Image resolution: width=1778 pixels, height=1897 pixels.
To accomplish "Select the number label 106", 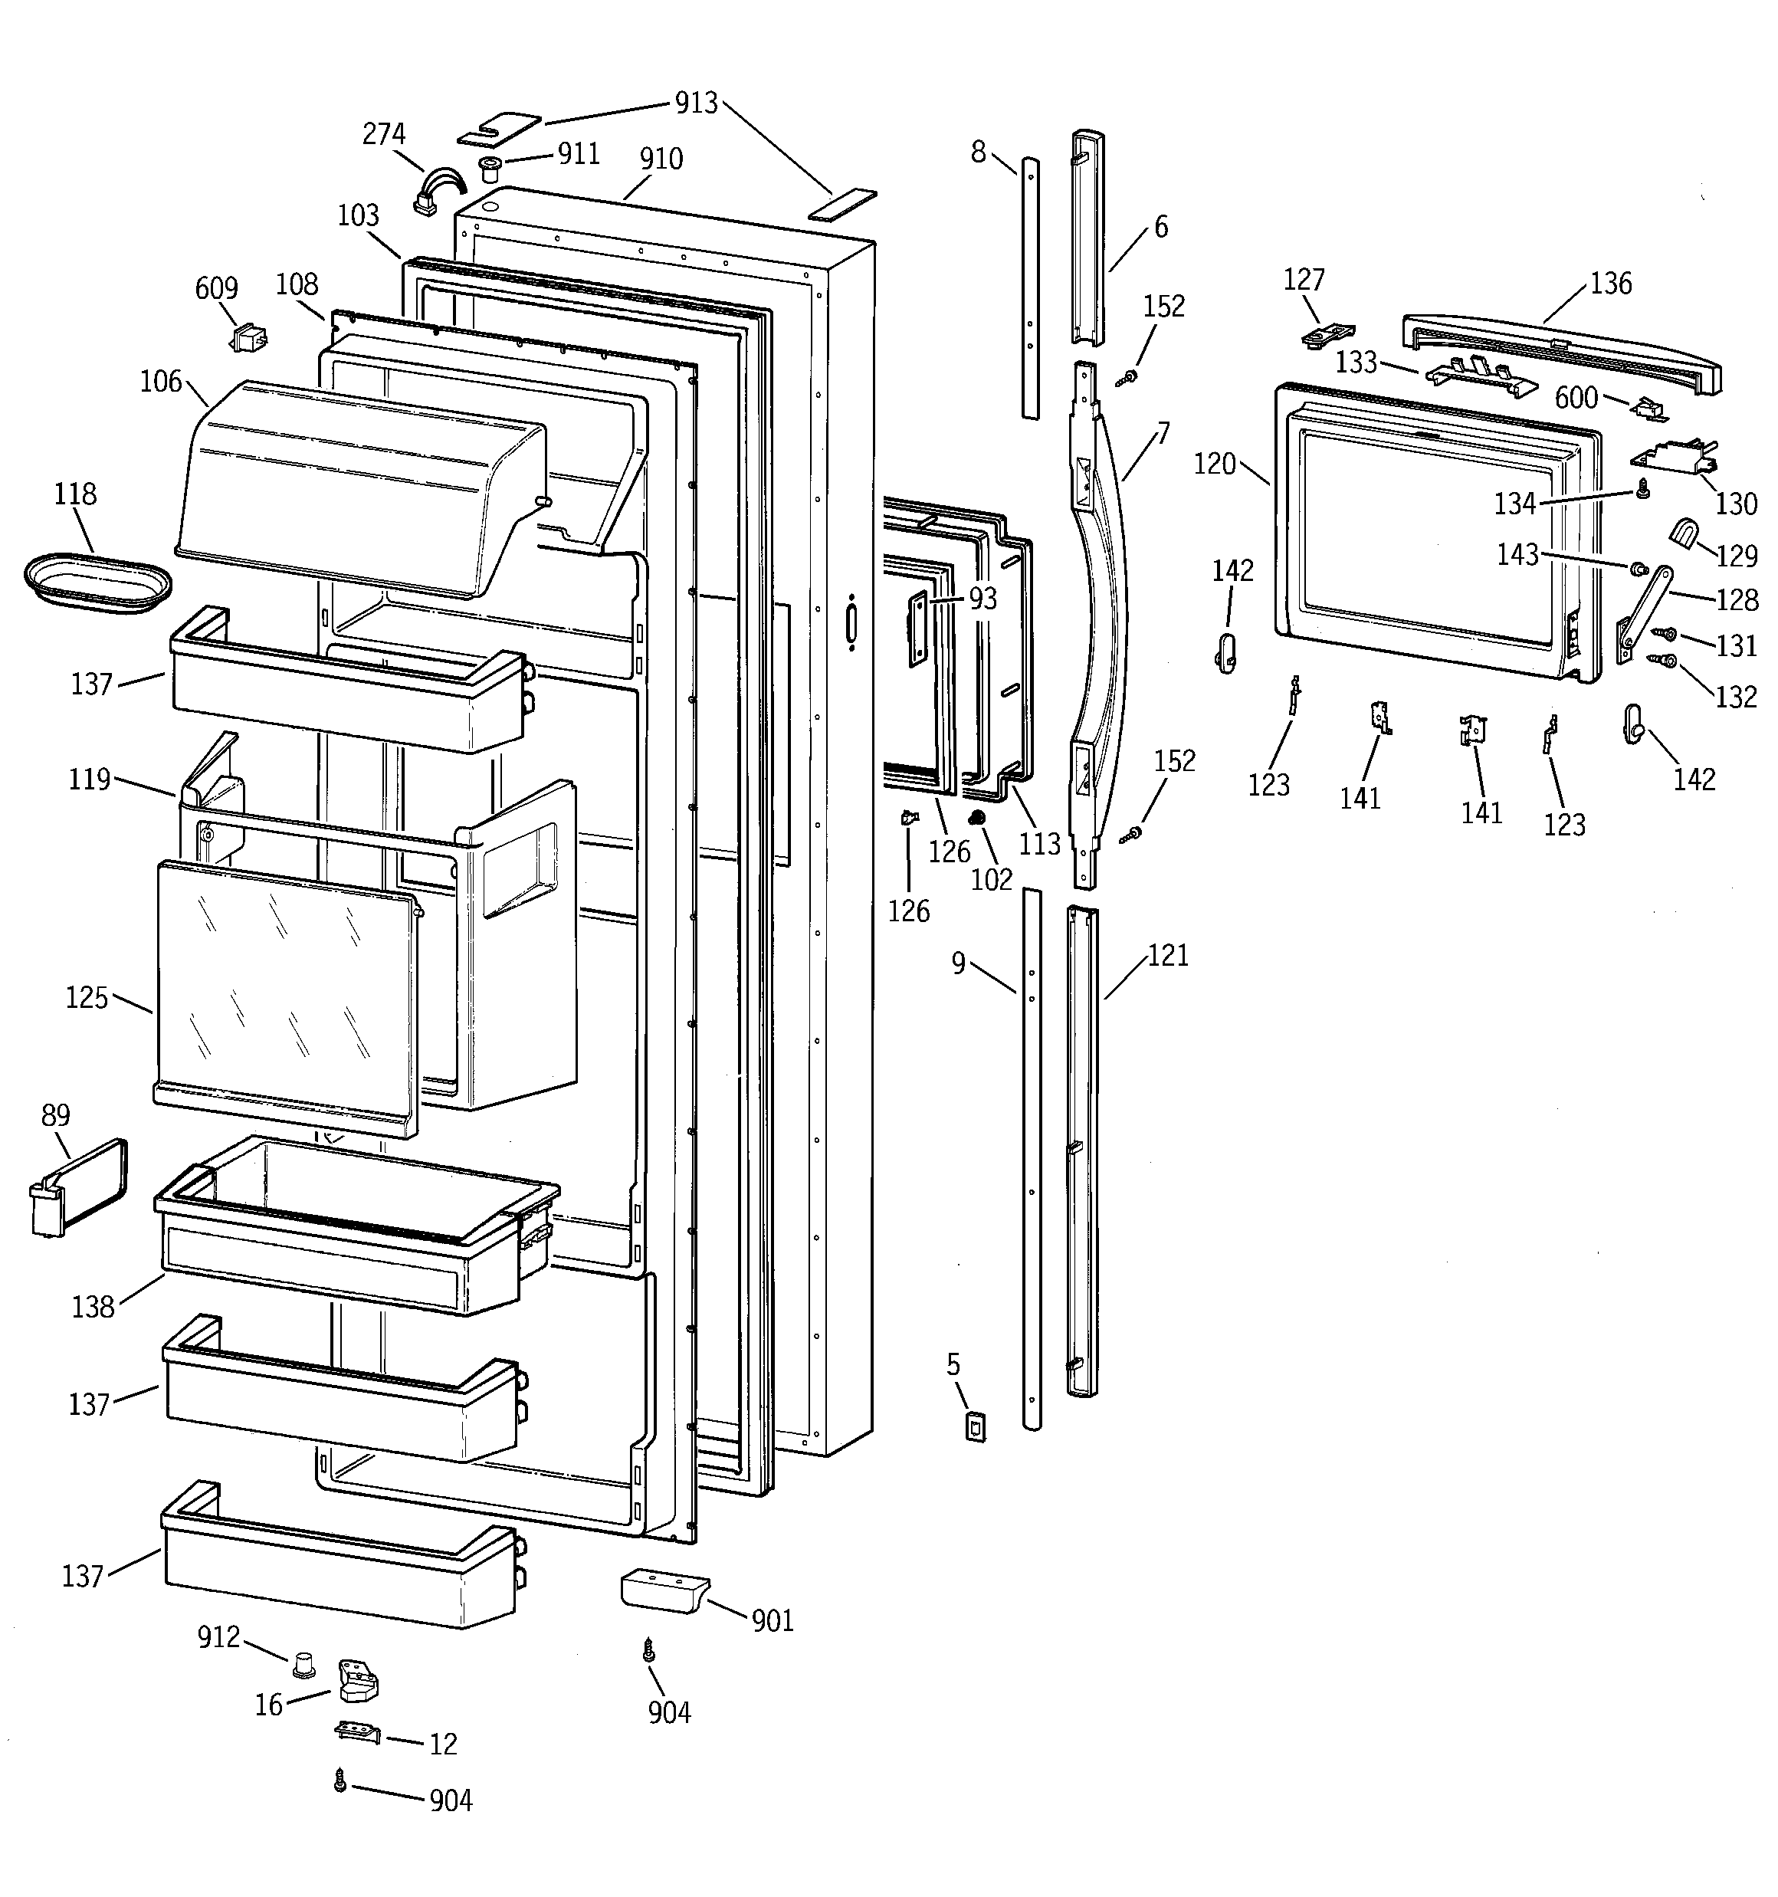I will [x=160, y=382].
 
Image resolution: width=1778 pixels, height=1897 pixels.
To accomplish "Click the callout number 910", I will [x=661, y=159].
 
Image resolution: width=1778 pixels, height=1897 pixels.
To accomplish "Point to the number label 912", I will [x=218, y=1637].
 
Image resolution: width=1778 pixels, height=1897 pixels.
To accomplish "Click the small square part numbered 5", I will [x=974, y=1426].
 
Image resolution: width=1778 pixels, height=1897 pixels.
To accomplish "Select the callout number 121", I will [x=1167, y=955].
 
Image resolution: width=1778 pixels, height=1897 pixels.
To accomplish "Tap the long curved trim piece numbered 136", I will [x=1561, y=351].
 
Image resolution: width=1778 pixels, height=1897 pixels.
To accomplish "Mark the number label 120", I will [x=1214, y=464].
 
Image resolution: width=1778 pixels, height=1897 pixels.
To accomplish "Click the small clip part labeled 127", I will [x=1327, y=333].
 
